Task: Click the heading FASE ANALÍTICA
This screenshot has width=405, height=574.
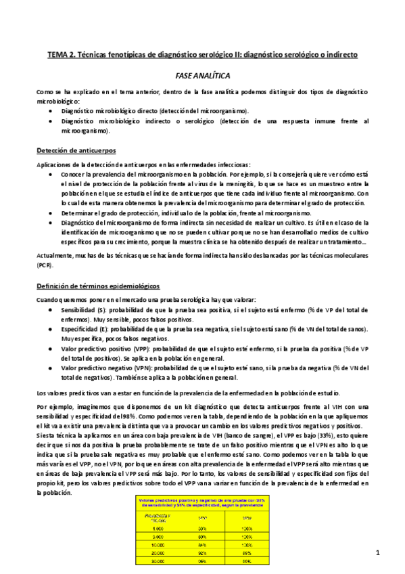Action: [201, 77]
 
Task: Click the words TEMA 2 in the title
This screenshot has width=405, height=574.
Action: [60, 53]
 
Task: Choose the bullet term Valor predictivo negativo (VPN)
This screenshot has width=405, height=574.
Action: [107, 368]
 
